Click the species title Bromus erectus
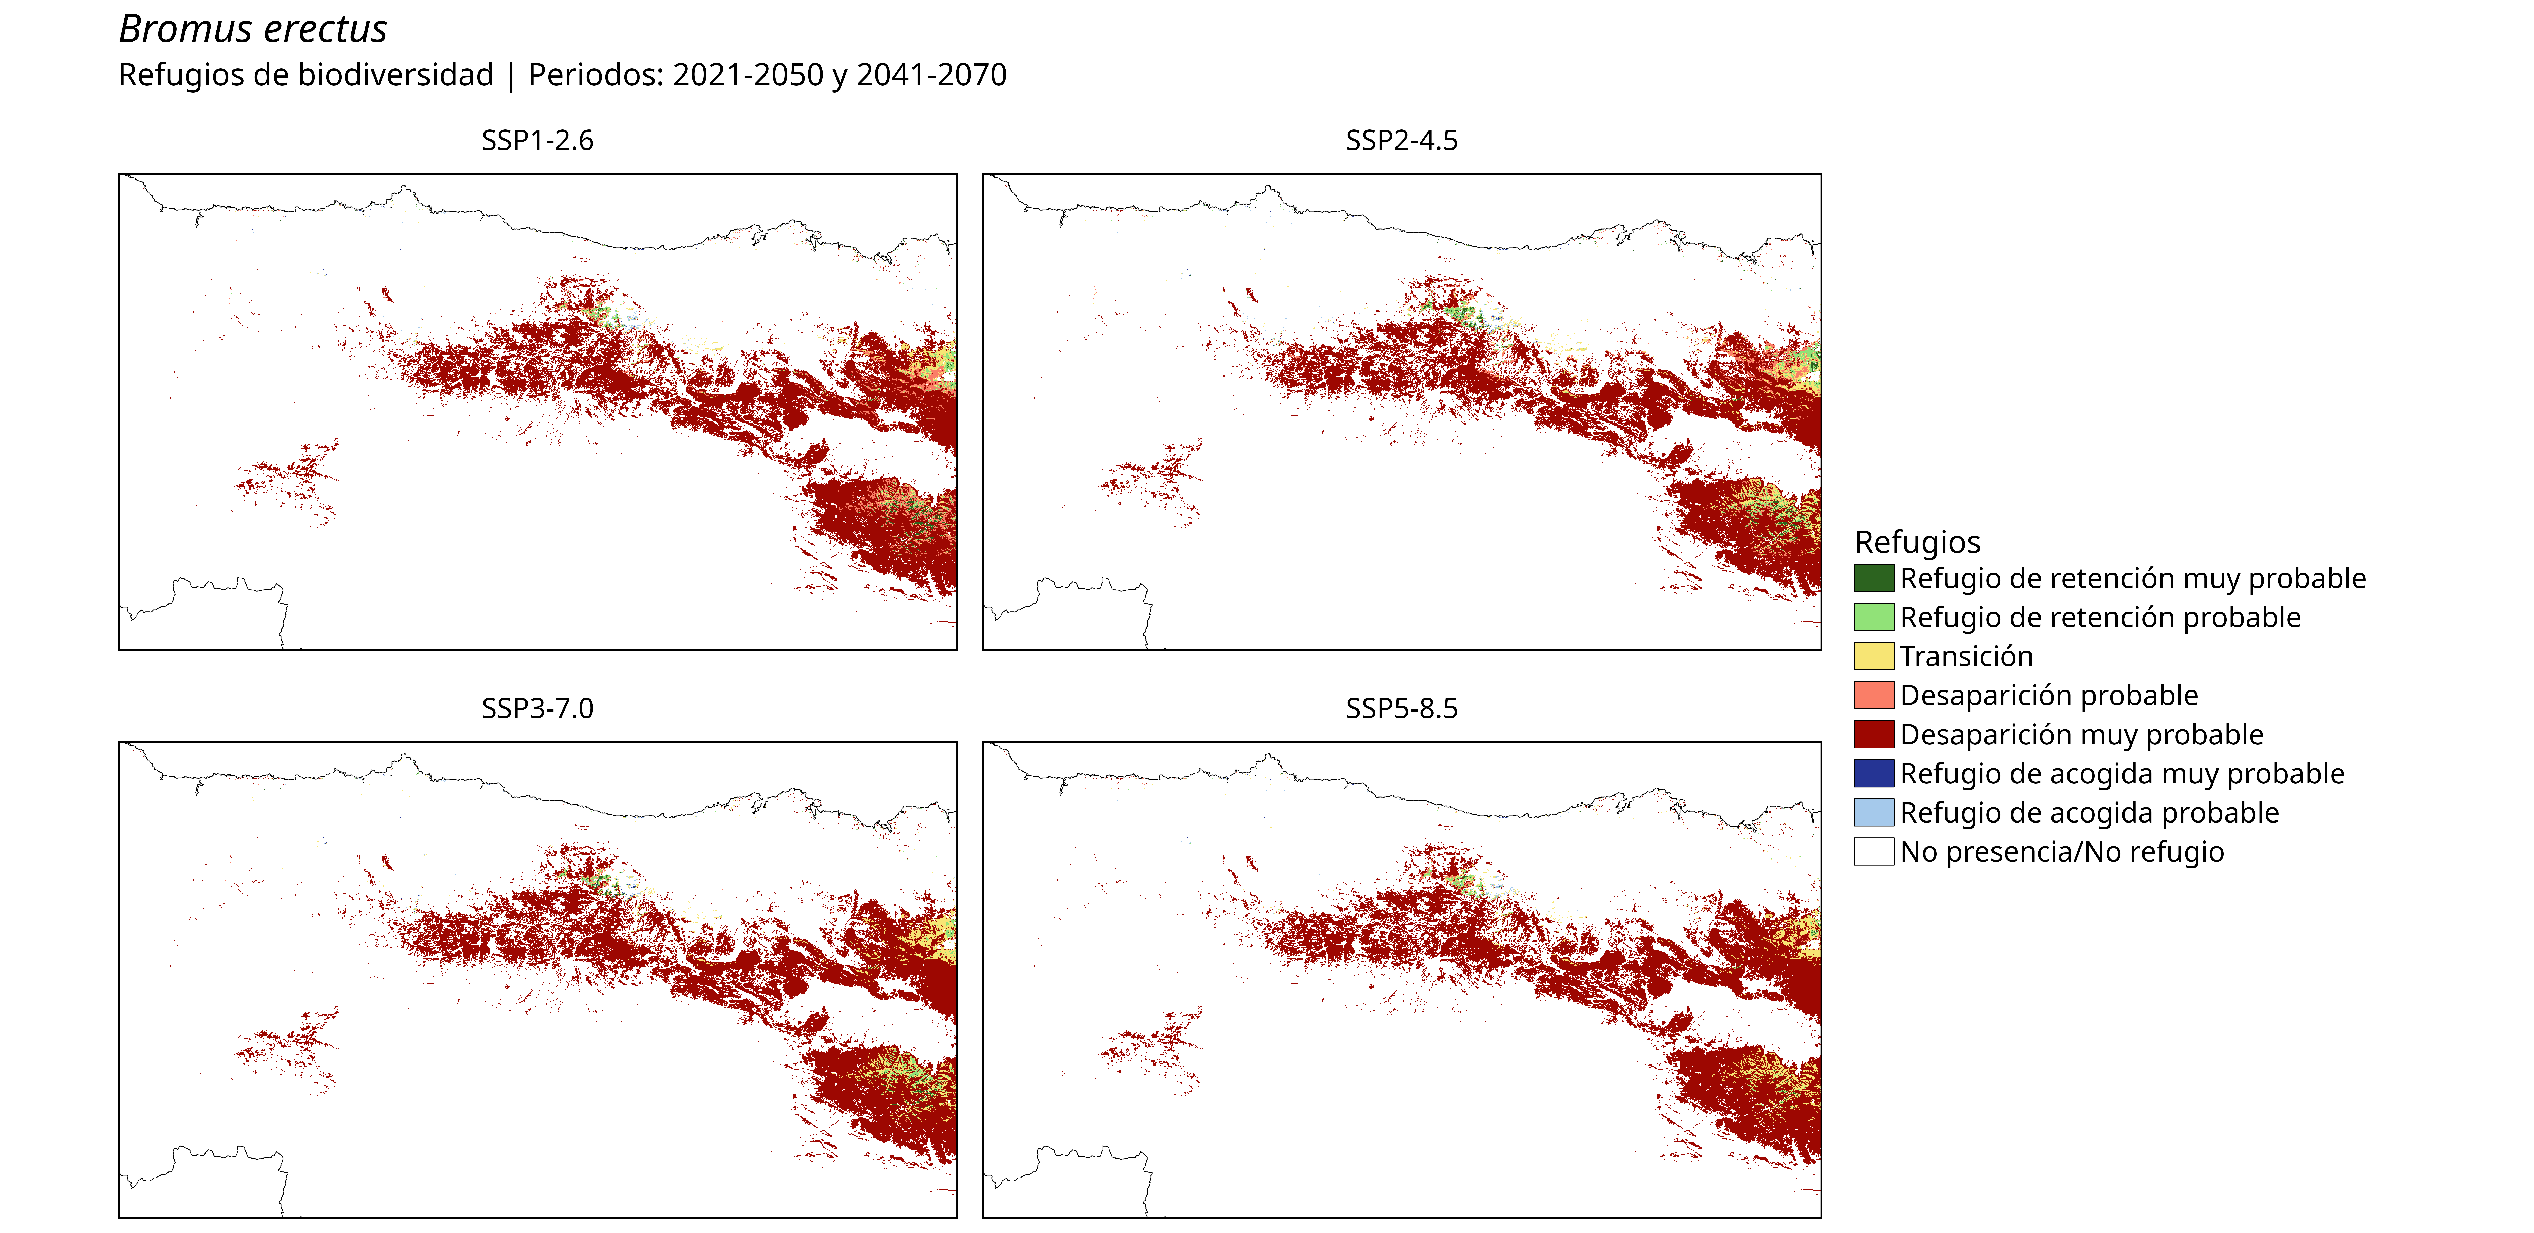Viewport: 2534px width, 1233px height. (x=253, y=30)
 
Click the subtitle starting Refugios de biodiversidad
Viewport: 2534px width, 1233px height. (x=563, y=75)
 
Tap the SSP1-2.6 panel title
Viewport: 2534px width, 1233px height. (x=537, y=141)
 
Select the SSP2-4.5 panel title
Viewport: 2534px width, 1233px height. (x=1402, y=141)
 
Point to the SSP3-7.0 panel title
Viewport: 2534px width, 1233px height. (x=537, y=708)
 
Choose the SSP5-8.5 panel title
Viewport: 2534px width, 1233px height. (x=1402, y=708)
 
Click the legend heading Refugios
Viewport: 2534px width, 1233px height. (x=1917, y=542)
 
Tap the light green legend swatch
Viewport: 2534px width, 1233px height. (x=1874, y=617)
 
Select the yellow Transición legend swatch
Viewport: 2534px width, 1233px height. (x=1874, y=656)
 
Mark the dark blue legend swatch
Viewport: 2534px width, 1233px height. (x=1874, y=773)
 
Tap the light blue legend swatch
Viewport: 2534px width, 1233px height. (x=1874, y=813)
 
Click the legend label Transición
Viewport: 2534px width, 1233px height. (x=1966, y=656)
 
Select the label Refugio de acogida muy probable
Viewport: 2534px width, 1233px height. (x=2122, y=774)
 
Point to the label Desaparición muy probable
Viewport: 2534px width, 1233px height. (x=2081, y=735)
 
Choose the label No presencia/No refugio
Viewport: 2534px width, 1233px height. (x=2062, y=852)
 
